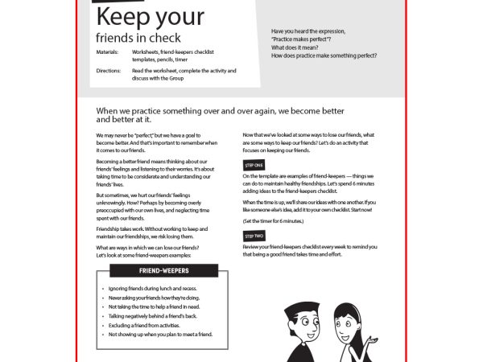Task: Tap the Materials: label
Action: point(106,51)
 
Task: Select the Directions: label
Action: point(107,70)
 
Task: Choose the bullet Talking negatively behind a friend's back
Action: point(155,315)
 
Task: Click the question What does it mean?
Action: point(295,47)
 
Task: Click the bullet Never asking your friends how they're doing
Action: point(154,297)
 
